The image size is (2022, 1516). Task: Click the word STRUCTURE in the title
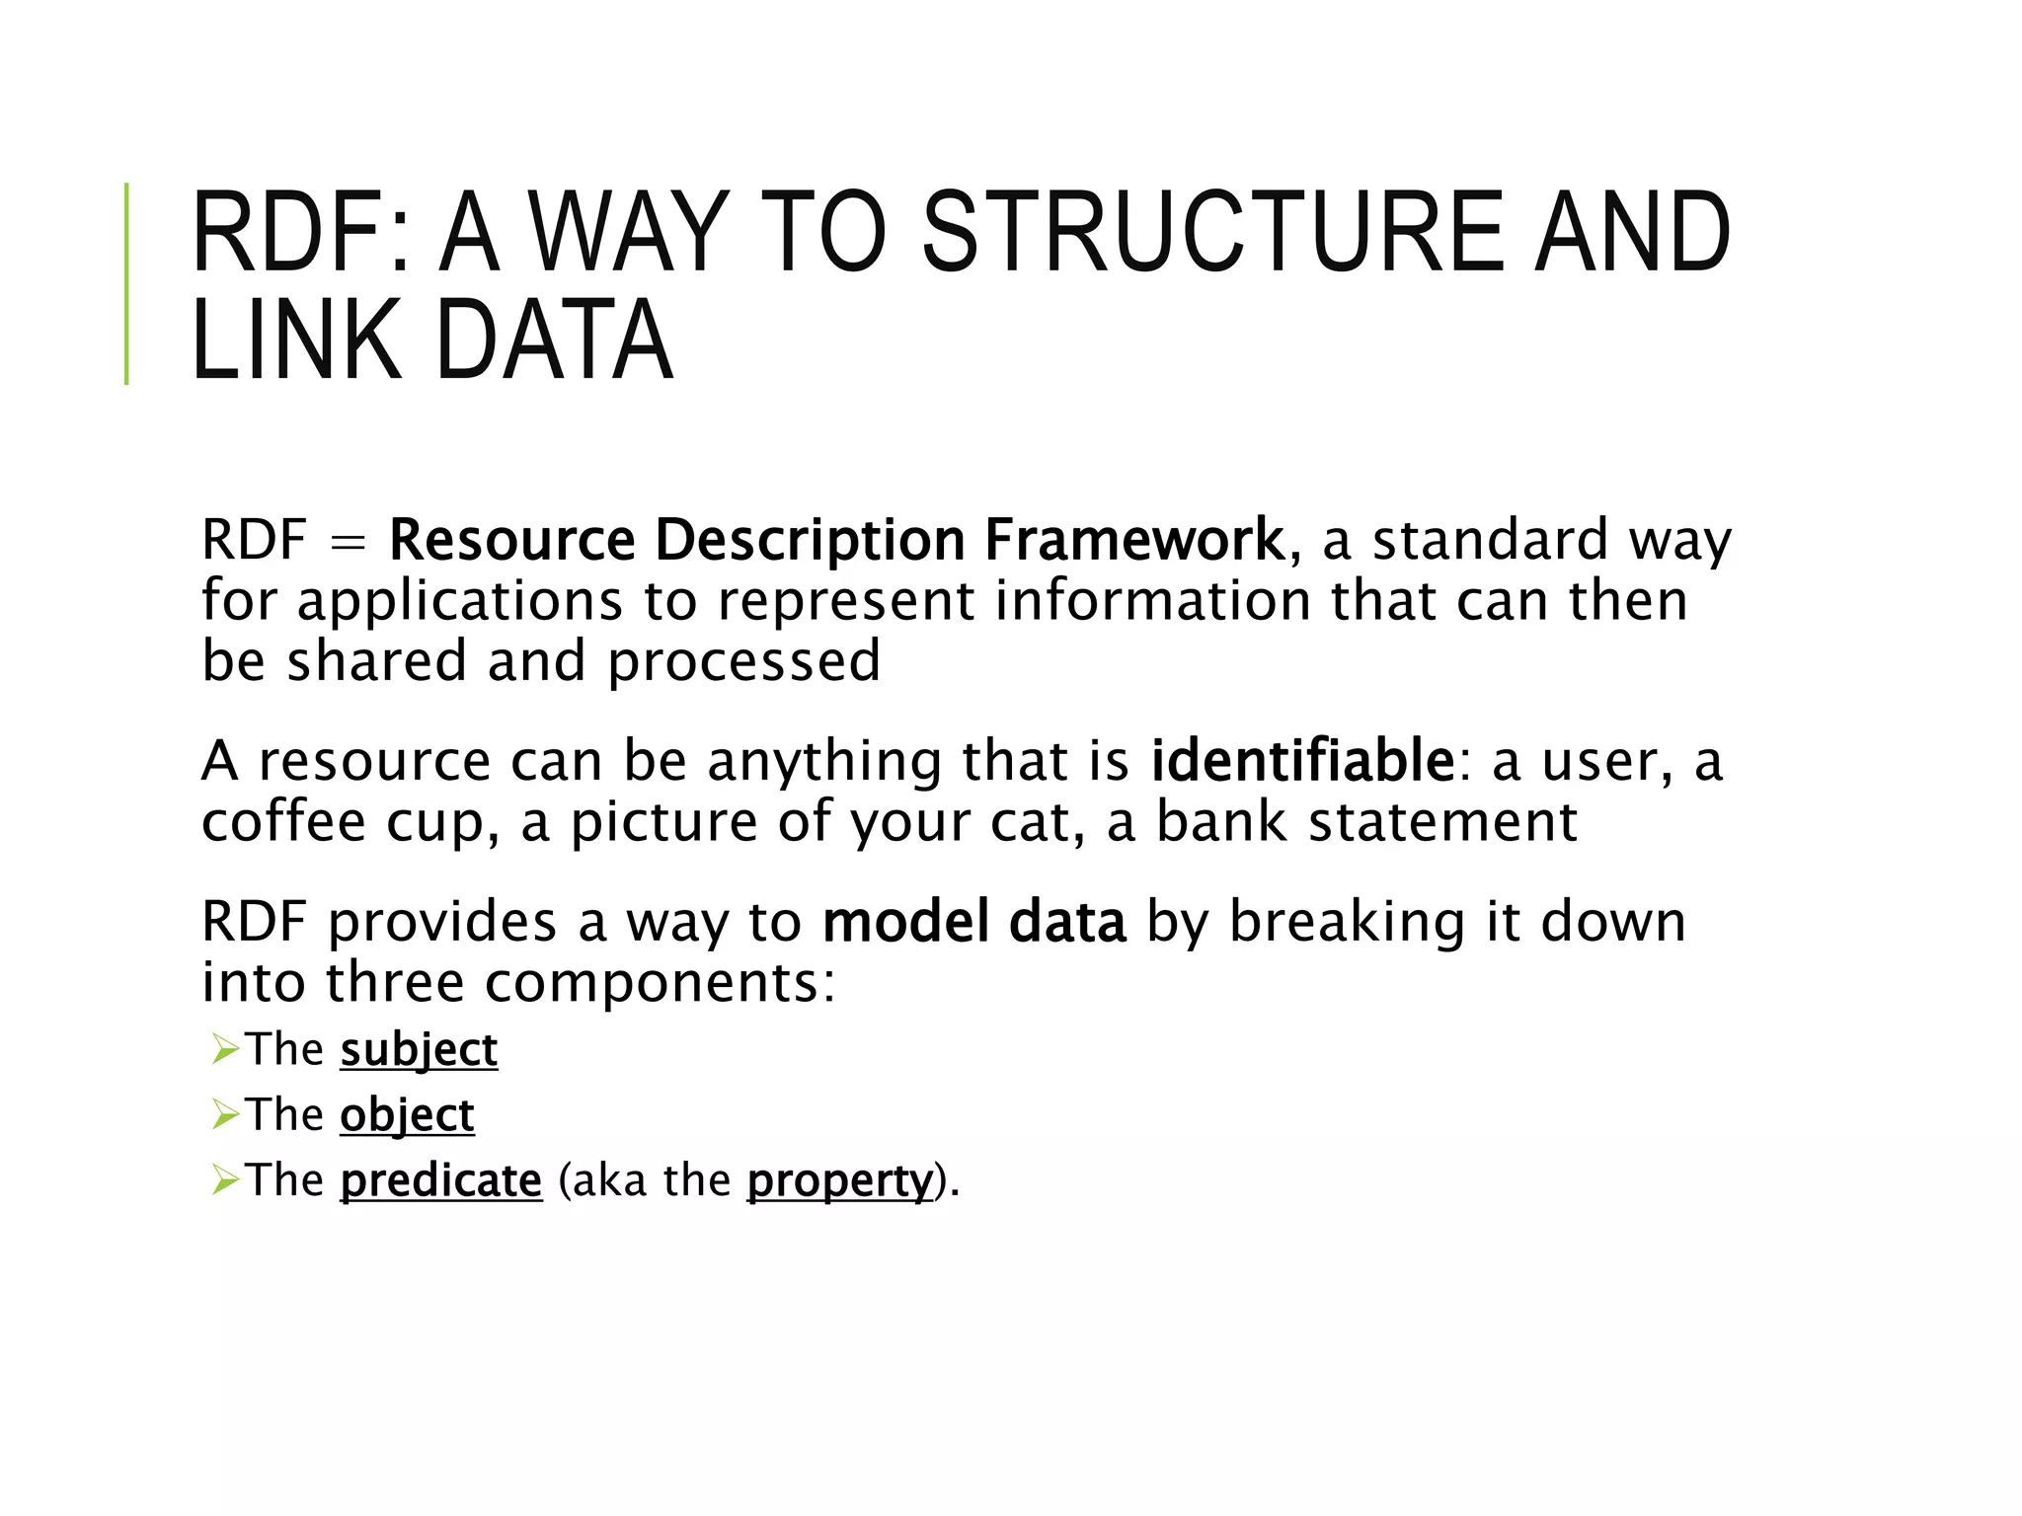[1212, 233]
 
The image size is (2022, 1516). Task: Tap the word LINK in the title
[296, 340]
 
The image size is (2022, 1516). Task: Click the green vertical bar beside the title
[126, 283]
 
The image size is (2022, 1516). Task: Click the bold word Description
[810, 540]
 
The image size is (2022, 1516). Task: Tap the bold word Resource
[511, 540]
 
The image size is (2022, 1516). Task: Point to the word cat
[1031, 823]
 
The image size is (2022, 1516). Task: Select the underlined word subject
[419, 1050]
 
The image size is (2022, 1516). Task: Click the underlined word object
[407, 1115]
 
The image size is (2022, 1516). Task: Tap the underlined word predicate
[440, 1180]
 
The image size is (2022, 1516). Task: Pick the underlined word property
[839, 1181]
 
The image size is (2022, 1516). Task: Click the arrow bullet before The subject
[225, 1050]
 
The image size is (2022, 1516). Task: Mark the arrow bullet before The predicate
[225, 1180]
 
